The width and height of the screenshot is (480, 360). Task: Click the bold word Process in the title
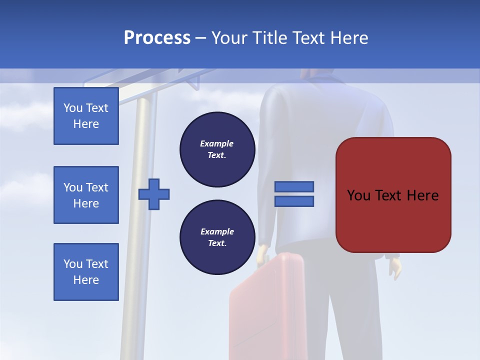(157, 38)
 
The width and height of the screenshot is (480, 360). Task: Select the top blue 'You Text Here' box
(86, 116)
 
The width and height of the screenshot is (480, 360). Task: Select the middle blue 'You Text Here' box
(86, 195)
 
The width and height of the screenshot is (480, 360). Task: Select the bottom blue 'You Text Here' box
(86, 272)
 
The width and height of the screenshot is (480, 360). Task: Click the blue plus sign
(154, 194)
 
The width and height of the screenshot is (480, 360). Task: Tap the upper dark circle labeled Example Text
(217, 149)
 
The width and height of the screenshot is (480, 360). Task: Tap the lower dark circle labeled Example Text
(217, 237)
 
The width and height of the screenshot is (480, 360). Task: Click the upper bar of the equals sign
(294, 186)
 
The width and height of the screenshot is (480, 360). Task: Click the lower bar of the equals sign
(294, 201)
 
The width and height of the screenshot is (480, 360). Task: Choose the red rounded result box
(393, 195)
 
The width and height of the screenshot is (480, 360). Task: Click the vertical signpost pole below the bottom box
(128, 330)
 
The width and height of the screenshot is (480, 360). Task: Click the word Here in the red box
(422, 195)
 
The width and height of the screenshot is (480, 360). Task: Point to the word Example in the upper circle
(217, 143)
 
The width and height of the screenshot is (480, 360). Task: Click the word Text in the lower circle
(216, 243)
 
